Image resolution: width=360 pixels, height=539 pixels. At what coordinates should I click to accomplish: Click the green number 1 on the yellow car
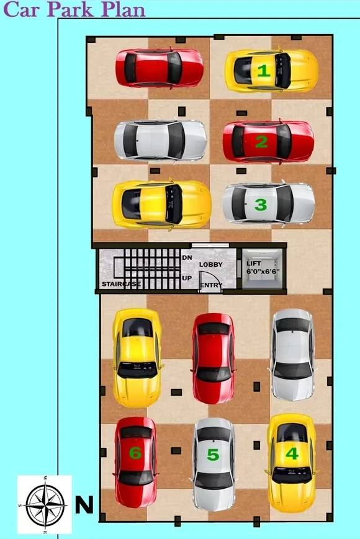click(264, 71)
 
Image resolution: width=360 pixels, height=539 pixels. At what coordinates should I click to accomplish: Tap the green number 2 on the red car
click(262, 141)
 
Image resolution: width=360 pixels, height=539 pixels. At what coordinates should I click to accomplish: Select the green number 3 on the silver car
click(261, 205)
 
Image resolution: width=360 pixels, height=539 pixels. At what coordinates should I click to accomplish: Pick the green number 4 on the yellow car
click(292, 453)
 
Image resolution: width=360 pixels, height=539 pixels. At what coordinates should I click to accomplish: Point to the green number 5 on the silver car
click(213, 455)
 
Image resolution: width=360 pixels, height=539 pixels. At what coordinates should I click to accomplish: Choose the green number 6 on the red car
click(135, 453)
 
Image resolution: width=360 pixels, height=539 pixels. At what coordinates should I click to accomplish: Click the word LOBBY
click(211, 264)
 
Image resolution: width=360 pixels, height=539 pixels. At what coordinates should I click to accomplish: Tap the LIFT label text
click(254, 264)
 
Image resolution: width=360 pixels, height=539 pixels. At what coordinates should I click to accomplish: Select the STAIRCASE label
click(122, 284)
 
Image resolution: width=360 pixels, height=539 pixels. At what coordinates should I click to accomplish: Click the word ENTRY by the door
click(212, 285)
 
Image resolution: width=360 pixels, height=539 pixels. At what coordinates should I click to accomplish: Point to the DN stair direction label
click(187, 257)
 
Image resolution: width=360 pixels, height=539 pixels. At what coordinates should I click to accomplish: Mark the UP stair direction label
click(187, 278)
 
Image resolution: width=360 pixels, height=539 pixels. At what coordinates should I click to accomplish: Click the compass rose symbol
click(45, 505)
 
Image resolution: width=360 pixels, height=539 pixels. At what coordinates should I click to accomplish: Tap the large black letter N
click(84, 505)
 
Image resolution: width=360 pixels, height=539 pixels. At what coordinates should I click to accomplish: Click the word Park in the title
click(70, 9)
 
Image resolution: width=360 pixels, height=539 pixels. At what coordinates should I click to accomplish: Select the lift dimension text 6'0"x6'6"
click(263, 271)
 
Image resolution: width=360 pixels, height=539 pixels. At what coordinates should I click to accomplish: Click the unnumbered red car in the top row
click(159, 68)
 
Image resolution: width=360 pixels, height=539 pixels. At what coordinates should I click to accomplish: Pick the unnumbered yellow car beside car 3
click(161, 204)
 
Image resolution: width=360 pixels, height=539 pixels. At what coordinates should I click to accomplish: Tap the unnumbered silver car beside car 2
click(160, 140)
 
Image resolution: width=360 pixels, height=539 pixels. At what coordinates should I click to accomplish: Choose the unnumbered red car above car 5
click(214, 358)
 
